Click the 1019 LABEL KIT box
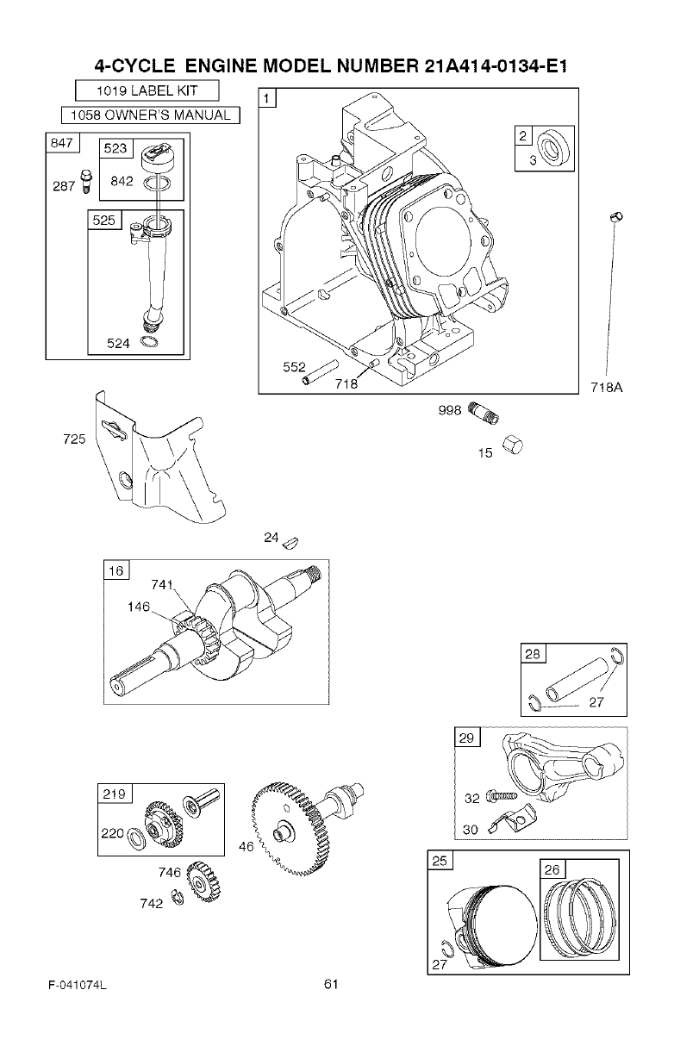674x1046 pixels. click(147, 90)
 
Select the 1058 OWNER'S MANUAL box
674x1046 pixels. click(150, 115)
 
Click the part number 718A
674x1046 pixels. click(607, 388)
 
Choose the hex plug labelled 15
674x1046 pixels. click(510, 445)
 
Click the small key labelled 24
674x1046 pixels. click(291, 540)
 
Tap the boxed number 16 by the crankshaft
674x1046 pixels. click(115, 571)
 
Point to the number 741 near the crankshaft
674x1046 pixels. click(161, 585)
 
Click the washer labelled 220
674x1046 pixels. click(135, 837)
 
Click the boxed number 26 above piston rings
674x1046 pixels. click(552, 870)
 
